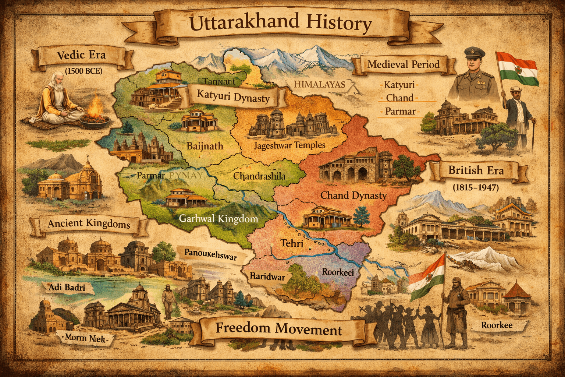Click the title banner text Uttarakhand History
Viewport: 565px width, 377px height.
tap(280, 23)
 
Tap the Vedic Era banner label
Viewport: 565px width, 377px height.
tap(81, 55)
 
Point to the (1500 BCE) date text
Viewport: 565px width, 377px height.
tap(83, 71)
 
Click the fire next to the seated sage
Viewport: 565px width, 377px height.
tap(96, 108)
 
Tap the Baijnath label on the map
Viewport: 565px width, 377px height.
tap(205, 146)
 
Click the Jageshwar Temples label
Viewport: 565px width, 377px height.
tap(289, 145)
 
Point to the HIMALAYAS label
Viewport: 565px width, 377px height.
tap(319, 84)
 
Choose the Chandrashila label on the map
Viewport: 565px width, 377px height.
tap(259, 176)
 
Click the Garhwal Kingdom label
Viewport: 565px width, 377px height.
tap(218, 219)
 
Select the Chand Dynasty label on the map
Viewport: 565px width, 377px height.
tap(353, 195)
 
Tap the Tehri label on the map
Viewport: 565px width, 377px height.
tap(292, 243)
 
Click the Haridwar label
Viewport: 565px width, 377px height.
tap(267, 276)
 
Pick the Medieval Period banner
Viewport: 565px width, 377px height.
tap(404, 64)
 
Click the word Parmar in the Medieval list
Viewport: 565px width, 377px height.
tap(400, 111)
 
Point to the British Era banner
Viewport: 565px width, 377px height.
tap(476, 170)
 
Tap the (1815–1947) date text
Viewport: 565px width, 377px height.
tap(476, 187)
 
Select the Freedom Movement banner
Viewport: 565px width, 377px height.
tap(278, 328)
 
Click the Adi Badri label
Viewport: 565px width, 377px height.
tap(67, 287)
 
